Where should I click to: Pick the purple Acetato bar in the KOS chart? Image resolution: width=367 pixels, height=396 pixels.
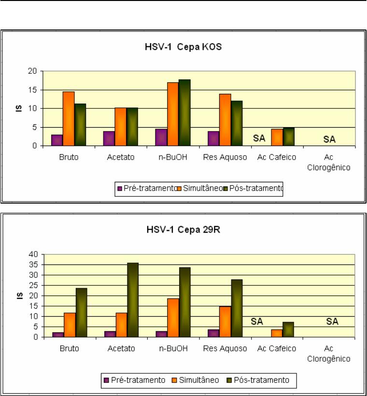109,138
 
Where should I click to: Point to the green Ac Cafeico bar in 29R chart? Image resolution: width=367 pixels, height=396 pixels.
288,330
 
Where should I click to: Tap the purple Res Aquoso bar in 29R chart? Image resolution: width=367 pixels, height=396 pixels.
212,333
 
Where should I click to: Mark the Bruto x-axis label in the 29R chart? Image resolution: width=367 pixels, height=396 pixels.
70,348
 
